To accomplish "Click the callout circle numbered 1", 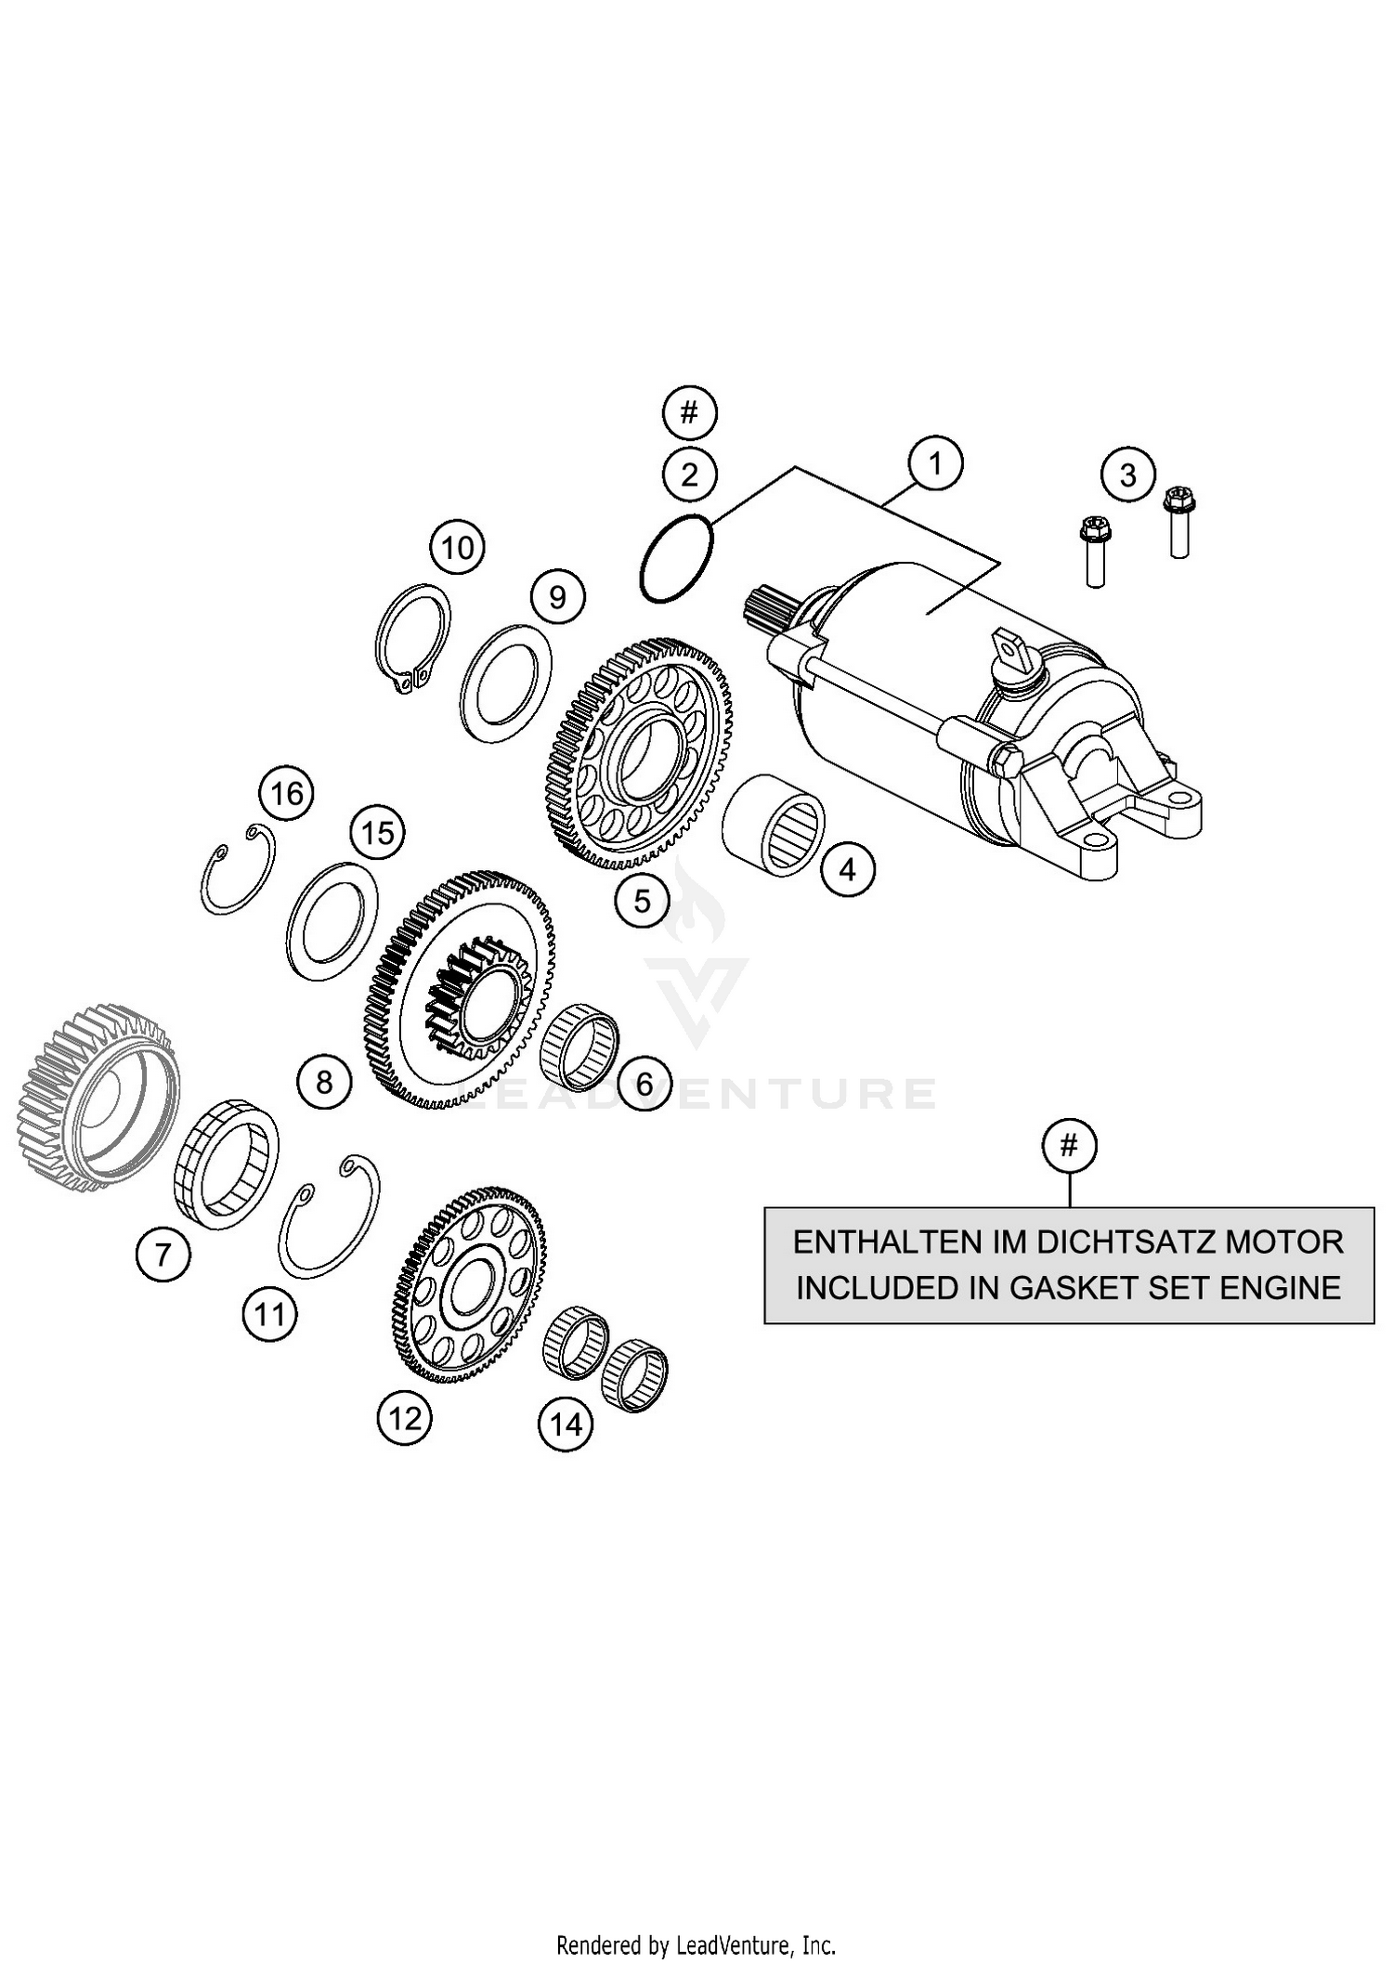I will pos(935,462).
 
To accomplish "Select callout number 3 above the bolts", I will pos(1127,475).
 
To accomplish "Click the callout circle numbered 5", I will pos(643,900).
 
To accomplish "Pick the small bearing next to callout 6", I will pos(579,1044).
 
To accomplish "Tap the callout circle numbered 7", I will pos(163,1255).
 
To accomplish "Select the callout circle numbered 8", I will pos(324,1082).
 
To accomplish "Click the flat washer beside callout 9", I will pos(506,683).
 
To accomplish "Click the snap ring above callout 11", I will pos(330,1216).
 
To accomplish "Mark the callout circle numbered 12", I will pos(405,1418).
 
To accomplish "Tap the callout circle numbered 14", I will pos(566,1424).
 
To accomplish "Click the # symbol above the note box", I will pos(1069,1146).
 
